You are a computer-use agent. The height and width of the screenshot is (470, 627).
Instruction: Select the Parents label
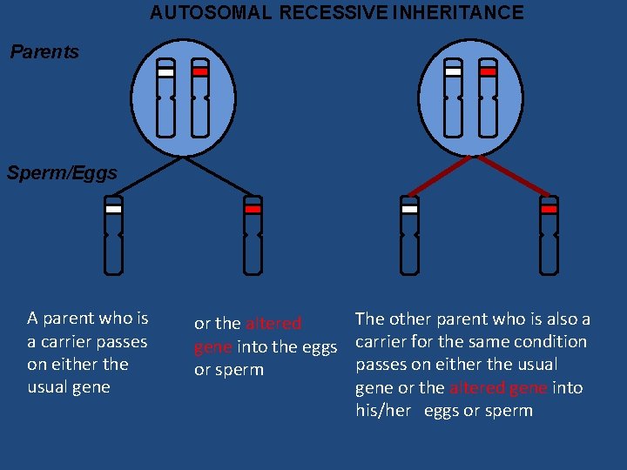44,52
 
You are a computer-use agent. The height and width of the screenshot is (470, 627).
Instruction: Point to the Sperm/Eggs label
62,173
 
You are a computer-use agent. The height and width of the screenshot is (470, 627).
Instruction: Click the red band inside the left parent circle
200,72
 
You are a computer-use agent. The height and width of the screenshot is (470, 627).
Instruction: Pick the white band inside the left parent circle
166,73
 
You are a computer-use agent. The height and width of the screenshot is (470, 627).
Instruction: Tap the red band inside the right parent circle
488,72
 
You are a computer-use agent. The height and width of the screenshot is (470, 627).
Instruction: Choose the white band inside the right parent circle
453,72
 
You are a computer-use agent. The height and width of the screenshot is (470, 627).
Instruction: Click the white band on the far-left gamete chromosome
113,209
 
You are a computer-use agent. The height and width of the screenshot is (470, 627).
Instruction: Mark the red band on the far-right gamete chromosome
549,209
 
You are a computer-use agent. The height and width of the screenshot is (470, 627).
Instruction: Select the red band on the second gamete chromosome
253,209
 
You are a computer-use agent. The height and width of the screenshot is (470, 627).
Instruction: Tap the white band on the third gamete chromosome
409,209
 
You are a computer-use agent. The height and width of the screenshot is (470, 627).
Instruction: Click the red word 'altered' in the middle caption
273,324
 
